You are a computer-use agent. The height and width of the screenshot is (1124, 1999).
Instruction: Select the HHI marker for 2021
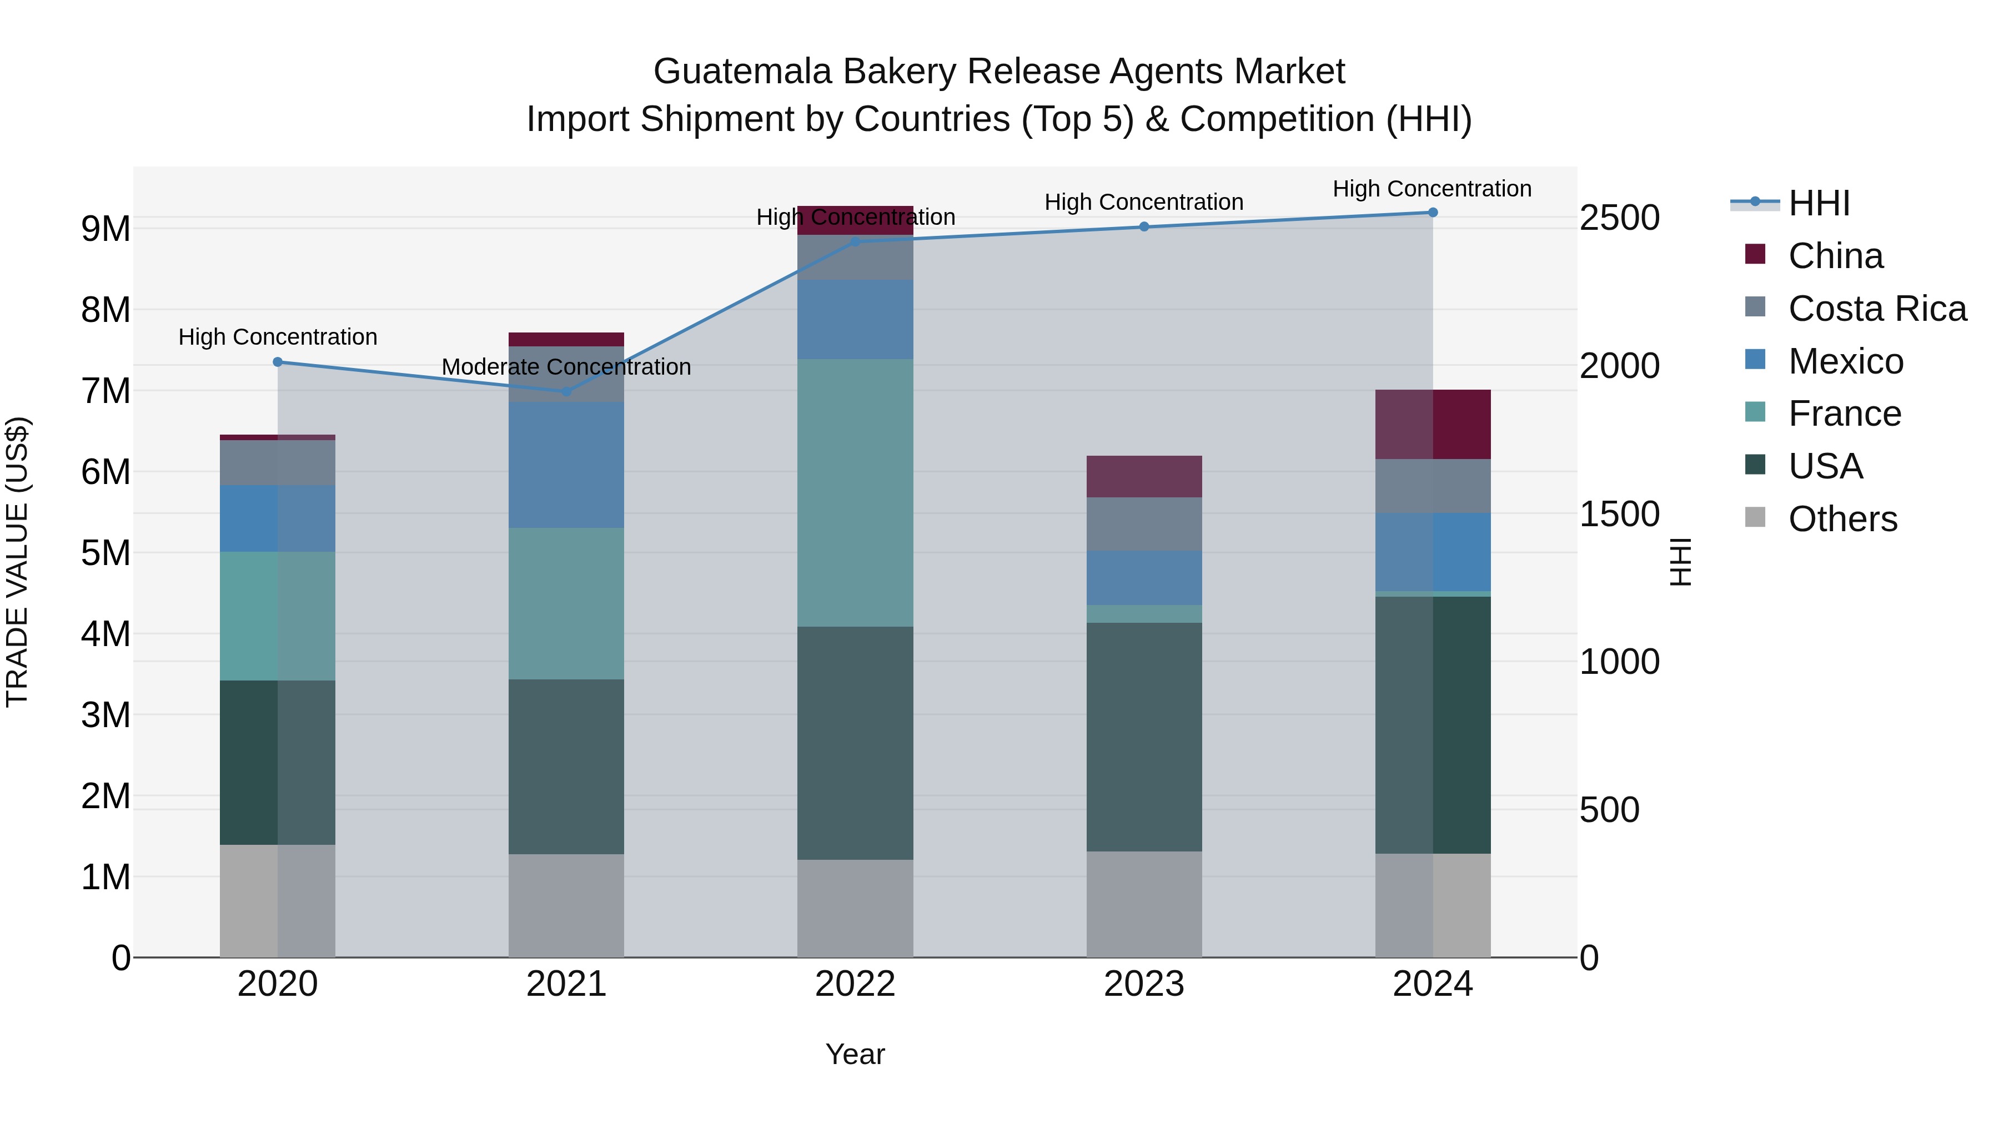pos(566,392)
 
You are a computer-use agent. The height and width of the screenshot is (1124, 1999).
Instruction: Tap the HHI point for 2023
pos(1144,227)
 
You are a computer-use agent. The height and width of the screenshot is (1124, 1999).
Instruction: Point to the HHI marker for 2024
pos(1433,213)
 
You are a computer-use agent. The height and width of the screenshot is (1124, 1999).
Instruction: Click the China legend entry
pos(1835,256)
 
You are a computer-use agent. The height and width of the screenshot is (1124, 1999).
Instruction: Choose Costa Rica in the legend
pos(1876,309)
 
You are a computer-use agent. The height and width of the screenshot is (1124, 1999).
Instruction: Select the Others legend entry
pos(1842,519)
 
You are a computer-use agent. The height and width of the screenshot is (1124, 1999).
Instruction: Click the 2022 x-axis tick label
pos(855,984)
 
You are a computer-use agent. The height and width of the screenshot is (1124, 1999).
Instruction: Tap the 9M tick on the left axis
pos(106,229)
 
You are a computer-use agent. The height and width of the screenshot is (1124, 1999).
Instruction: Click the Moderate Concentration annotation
pos(566,367)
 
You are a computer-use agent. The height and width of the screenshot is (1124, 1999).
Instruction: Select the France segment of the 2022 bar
pos(855,492)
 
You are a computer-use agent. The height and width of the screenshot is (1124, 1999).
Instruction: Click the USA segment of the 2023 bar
pos(1144,737)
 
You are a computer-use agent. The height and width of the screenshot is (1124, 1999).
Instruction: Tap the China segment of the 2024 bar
pos(1433,424)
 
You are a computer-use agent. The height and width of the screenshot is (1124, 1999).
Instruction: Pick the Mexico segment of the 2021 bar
pos(566,466)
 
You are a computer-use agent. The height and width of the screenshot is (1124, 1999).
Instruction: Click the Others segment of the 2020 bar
pos(278,901)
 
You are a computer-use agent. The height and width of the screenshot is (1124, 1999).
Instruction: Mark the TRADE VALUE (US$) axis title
pos(17,562)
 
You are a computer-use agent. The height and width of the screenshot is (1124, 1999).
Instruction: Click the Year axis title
pos(855,1054)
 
